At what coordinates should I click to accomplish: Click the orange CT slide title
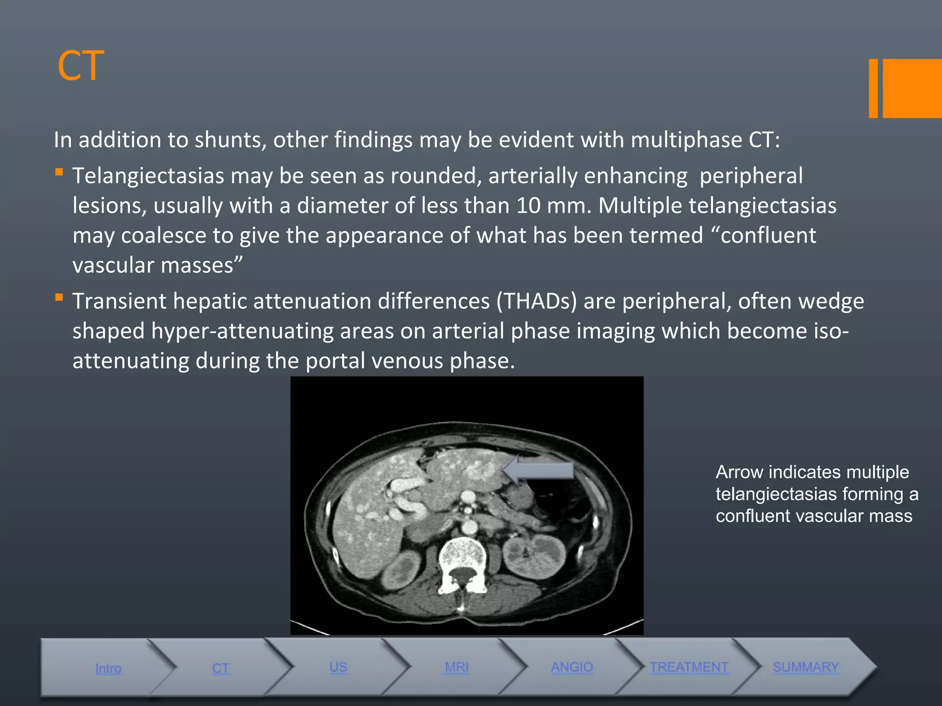coord(80,66)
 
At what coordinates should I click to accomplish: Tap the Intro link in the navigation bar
coord(108,668)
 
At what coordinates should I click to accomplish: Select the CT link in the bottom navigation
coord(221,668)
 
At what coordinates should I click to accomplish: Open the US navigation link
coord(338,667)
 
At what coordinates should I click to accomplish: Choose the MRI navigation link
coord(456,667)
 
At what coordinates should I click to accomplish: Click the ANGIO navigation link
coord(572,667)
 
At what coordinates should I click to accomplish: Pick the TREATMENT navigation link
coord(689,667)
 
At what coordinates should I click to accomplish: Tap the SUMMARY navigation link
coord(806,667)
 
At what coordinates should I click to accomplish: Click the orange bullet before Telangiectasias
coord(59,172)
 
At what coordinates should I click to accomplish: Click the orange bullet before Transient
coord(59,297)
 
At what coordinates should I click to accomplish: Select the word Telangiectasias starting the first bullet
coord(148,176)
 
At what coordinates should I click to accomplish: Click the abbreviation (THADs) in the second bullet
coord(536,302)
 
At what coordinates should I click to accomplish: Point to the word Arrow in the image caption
coord(739,472)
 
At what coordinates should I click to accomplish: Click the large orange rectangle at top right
coord(912,88)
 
